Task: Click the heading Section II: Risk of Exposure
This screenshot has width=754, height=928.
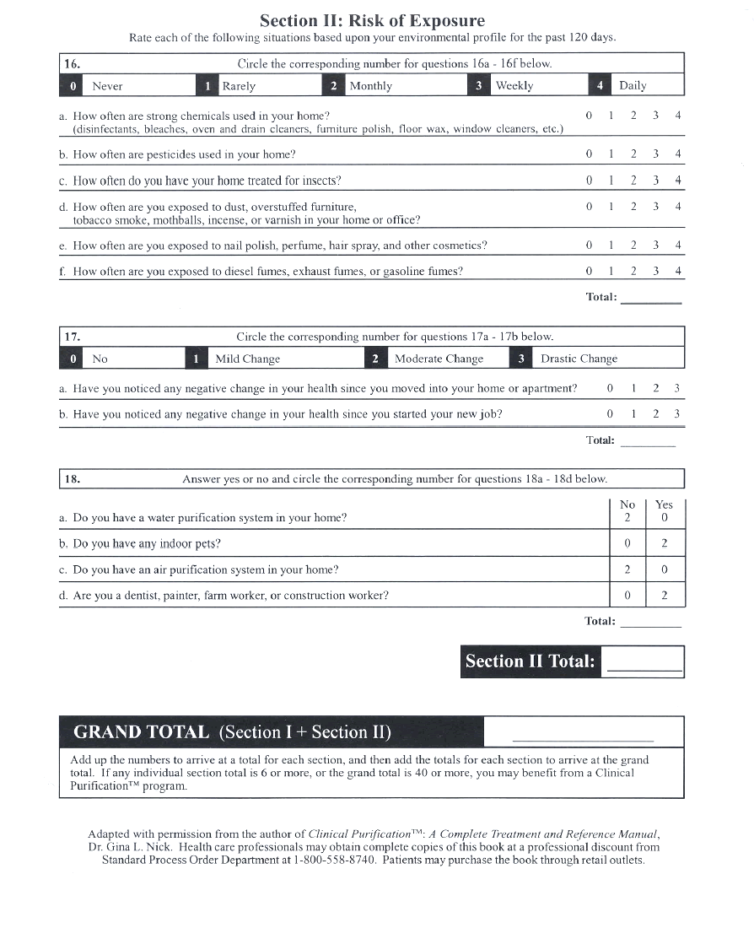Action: (x=372, y=20)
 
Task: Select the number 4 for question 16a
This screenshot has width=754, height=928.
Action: (x=678, y=115)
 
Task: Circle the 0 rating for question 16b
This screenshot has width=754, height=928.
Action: (x=590, y=154)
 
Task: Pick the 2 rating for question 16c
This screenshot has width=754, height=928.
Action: (x=633, y=181)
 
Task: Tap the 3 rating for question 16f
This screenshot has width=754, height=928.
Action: (x=655, y=271)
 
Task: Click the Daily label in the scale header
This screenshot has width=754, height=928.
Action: (x=633, y=85)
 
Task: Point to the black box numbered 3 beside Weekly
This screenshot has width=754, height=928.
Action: (x=478, y=85)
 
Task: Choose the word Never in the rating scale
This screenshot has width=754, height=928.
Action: (x=107, y=85)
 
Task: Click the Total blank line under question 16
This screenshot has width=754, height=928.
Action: (x=650, y=301)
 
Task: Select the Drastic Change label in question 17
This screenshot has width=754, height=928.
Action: (x=579, y=359)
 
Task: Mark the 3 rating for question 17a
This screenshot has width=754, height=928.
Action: (x=676, y=388)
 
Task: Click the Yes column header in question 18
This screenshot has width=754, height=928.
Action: (x=664, y=504)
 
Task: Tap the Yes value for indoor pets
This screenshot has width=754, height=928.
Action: (x=665, y=543)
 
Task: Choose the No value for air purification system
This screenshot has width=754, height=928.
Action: (x=627, y=569)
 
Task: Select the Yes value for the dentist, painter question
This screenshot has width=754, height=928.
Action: (x=665, y=596)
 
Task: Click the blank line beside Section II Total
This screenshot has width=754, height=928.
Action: (x=644, y=667)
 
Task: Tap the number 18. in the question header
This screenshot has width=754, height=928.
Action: (x=73, y=478)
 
